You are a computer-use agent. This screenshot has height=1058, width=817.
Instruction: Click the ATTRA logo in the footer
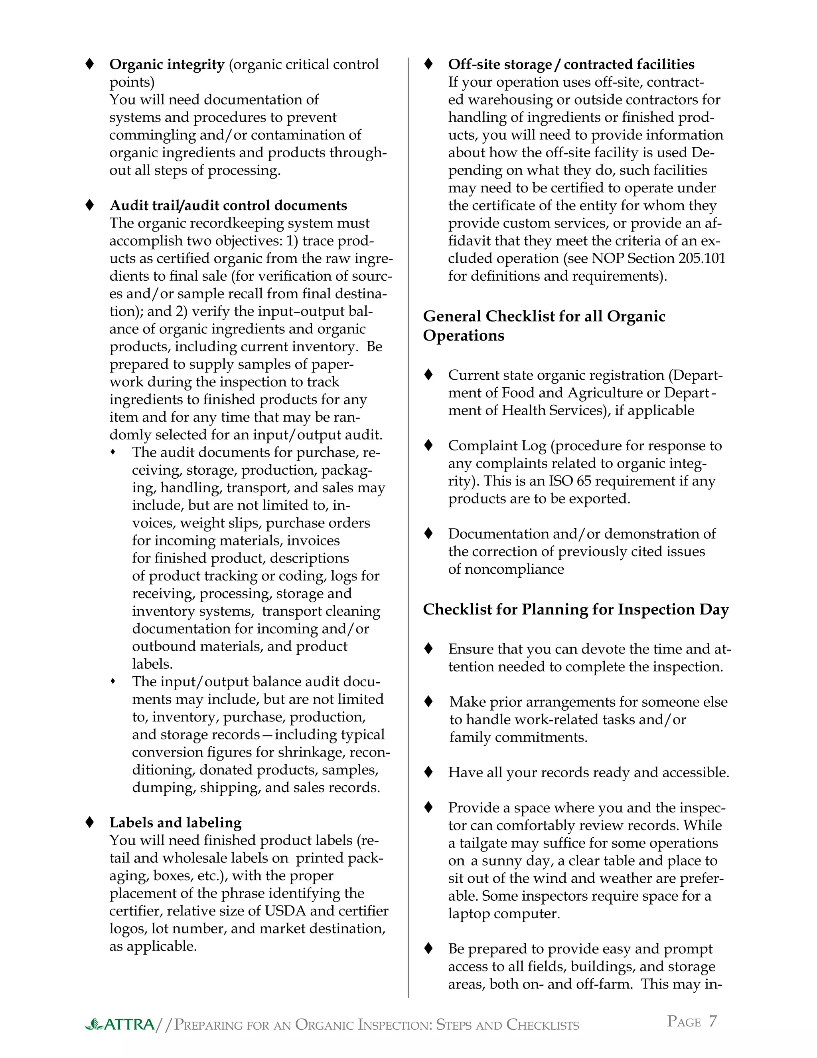[120, 1024]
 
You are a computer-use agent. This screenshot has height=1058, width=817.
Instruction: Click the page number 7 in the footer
[712, 1021]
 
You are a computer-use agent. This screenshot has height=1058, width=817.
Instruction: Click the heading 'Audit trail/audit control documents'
[228, 205]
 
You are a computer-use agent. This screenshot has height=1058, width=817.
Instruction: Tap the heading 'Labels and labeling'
[175, 822]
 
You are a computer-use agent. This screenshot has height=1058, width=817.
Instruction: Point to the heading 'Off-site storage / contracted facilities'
[571, 64]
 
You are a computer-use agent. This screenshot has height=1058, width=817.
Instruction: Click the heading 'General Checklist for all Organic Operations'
[544, 325]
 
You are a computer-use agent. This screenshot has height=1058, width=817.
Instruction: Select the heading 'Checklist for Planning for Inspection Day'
[576, 609]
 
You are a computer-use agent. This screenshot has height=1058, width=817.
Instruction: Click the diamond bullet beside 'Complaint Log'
[428, 445]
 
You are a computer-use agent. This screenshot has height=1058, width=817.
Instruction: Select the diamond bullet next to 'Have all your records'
[428, 772]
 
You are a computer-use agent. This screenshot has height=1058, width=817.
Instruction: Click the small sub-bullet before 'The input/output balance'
[113, 681]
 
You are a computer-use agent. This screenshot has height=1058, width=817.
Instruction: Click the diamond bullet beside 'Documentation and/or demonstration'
[428, 533]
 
